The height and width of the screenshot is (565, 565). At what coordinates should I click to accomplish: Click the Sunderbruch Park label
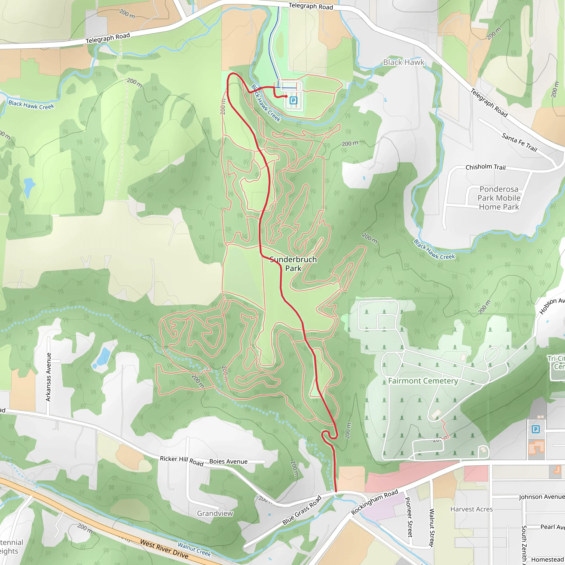[x=293, y=264]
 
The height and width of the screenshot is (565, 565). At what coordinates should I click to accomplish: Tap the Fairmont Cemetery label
[x=423, y=381]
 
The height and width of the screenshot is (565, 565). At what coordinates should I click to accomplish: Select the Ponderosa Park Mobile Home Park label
[x=499, y=198]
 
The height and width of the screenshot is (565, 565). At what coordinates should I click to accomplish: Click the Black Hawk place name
[x=404, y=62]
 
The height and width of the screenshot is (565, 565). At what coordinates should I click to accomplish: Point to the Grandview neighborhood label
[x=215, y=513]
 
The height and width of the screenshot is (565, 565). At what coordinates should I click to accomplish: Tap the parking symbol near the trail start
[x=293, y=101]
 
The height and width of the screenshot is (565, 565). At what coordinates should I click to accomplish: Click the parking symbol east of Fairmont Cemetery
[x=535, y=429]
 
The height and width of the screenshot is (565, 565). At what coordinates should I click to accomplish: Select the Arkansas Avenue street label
[x=49, y=377]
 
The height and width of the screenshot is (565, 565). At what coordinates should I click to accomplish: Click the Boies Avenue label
[x=228, y=462]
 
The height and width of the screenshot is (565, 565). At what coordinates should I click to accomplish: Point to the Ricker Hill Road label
[x=181, y=461]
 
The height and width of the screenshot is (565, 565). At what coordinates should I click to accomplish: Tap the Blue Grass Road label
[x=302, y=510]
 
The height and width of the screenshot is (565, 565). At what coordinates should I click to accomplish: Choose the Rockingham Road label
[x=375, y=502]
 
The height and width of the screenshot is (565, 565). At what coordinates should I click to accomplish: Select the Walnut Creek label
[x=194, y=549]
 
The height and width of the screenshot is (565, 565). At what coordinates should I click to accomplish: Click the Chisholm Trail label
[x=486, y=167]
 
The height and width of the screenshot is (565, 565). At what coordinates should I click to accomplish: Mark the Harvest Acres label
[x=471, y=509]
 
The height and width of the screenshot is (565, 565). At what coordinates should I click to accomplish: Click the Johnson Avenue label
[x=542, y=497]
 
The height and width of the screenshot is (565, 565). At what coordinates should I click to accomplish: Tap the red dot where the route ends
[x=286, y=96]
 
